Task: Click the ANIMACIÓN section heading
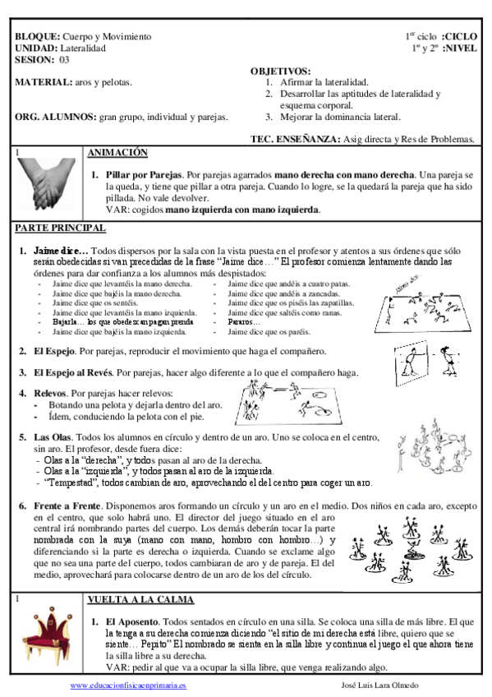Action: [117, 153]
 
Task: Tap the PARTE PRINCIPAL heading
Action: [60, 228]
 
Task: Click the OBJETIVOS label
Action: [280, 72]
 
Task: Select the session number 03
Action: [64, 60]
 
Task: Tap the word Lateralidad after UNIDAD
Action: [84, 48]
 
